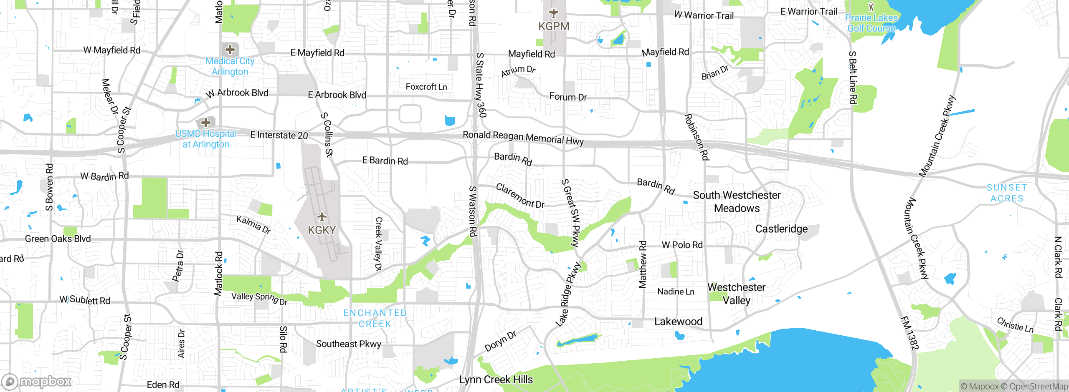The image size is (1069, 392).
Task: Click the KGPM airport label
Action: [554, 26]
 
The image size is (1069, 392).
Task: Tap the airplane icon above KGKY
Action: [322, 217]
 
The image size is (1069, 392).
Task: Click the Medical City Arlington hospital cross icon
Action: [230, 50]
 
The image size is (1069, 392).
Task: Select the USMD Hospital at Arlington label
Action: [206, 139]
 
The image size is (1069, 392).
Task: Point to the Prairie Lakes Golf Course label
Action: [871, 23]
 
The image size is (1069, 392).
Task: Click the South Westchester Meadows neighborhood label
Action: [737, 201]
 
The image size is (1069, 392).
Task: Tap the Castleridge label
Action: [781, 229]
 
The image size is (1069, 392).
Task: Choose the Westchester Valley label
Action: [736, 294]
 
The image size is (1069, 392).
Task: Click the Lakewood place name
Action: [678, 322]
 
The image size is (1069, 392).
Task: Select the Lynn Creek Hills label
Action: [496, 379]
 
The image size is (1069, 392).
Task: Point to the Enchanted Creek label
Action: [375, 318]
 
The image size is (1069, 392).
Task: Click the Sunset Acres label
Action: [1007, 193]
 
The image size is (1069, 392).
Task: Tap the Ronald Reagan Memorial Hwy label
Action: [523, 138]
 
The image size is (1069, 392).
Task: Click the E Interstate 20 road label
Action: [279, 135]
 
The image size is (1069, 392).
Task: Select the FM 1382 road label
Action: [910, 333]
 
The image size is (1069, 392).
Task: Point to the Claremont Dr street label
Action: [520, 196]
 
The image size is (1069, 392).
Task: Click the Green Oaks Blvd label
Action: [58, 239]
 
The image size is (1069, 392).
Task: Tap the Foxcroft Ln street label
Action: [426, 87]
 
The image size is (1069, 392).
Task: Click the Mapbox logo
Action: [37, 382]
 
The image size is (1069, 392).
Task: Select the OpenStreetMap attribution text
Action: [1039, 387]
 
